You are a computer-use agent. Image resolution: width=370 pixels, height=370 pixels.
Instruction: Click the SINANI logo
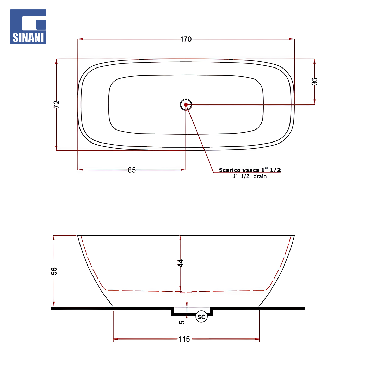click(28, 27)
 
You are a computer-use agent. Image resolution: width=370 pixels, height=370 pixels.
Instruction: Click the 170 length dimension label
click(186, 39)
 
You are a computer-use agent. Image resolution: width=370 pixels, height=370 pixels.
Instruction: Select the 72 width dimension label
click(57, 104)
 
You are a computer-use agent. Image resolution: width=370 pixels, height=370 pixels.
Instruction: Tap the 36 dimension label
click(314, 82)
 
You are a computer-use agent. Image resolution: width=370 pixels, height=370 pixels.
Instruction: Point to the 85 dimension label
click(132, 170)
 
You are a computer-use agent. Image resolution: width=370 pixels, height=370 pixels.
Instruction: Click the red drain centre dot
click(186, 104)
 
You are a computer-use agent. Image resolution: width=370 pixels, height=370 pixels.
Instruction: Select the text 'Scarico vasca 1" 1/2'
click(250, 170)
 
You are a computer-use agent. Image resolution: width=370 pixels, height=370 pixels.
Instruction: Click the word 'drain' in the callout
click(260, 176)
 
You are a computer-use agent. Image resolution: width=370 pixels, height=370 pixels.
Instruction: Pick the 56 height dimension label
click(54, 271)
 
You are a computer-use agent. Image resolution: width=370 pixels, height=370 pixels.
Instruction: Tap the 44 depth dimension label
click(180, 263)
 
